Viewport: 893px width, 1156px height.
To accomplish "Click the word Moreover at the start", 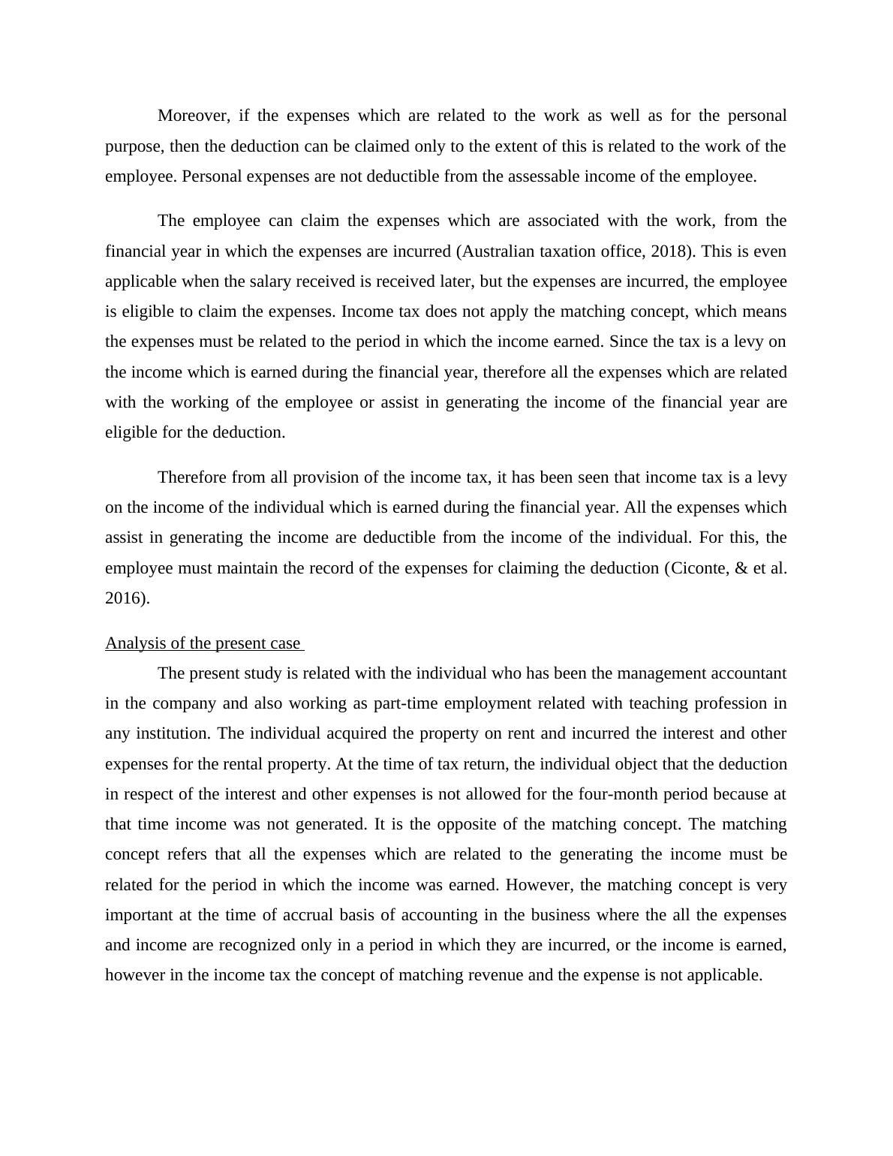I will coord(193,116).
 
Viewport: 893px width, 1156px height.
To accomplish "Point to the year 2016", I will coord(125,598).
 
